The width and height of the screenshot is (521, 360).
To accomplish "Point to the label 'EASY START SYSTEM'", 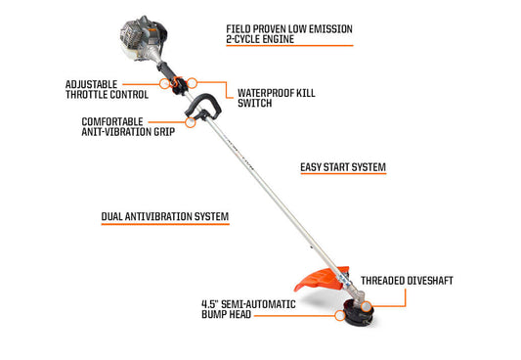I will [x=342, y=167].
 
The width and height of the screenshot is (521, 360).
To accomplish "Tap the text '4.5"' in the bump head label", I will [x=210, y=302].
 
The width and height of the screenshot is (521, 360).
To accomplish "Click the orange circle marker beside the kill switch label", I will [x=193, y=84].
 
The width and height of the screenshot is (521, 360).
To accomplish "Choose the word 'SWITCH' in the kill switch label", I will [x=254, y=106].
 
